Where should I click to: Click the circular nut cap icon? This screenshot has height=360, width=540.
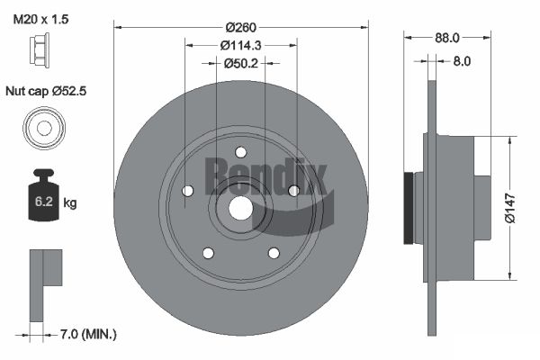click(x=42, y=127)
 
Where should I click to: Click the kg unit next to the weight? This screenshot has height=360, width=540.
click(x=70, y=203)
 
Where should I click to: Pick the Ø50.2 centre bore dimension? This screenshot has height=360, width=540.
click(x=239, y=63)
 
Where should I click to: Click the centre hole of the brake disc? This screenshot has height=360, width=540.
click(x=239, y=207)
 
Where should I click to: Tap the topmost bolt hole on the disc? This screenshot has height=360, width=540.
click(x=239, y=152)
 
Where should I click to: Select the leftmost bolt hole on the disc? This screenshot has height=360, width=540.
click(x=187, y=191)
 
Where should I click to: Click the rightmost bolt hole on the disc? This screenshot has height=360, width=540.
click(x=292, y=190)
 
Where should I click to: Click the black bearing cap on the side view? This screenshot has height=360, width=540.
click(x=412, y=207)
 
